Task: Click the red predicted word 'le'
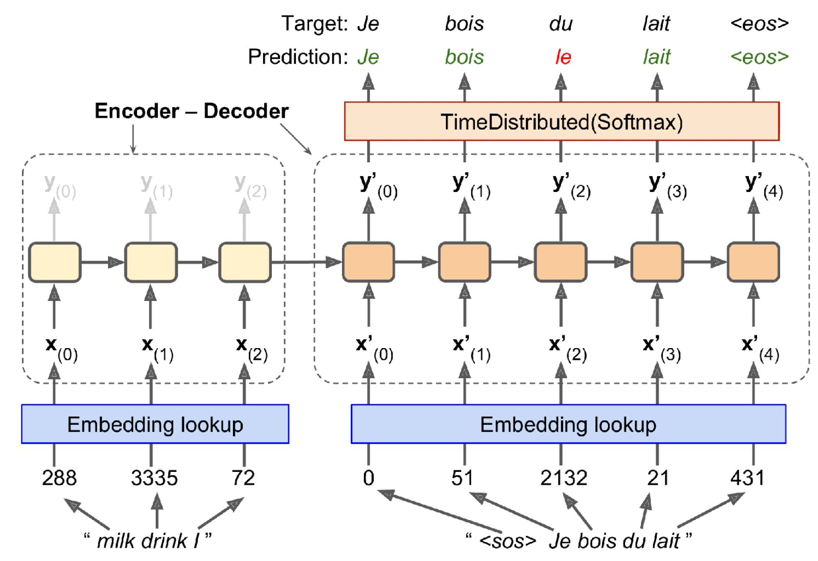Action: coord(563,57)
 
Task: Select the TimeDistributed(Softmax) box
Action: coord(562,121)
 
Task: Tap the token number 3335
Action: coord(154,478)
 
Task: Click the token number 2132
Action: coord(564,478)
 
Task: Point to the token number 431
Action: coord(747,478)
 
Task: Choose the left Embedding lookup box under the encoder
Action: coord(155,424)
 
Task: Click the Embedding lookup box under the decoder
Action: coord(568,424)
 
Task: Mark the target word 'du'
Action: coord(561,24)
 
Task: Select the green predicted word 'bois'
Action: coord(464,57)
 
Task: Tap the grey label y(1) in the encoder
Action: coord(156,185)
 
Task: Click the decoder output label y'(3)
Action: coord(666,185)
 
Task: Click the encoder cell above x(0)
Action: coord(55,262)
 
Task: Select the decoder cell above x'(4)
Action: coord(753,262)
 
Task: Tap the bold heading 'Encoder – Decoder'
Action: coord(191,111)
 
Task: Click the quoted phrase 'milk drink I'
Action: coord(147,541)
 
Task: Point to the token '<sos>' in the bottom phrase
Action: coord(507,541)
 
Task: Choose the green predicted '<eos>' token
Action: coord(759,57)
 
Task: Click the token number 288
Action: coord(59,478)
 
